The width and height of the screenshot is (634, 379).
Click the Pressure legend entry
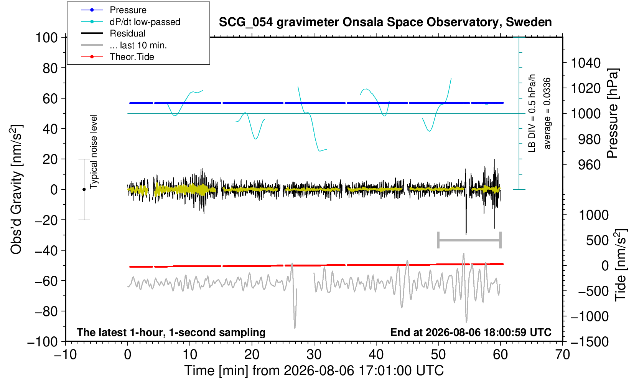coord(114,10)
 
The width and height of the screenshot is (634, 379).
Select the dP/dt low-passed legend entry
coord(130,22)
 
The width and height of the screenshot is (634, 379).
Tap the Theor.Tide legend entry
coord(117,57)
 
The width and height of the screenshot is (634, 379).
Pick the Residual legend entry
coord(113,33)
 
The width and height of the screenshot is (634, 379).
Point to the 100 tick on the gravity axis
coord(46,38)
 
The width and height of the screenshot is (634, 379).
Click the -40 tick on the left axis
coord(46,251)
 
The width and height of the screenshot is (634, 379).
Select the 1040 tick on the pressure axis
coord(586,63)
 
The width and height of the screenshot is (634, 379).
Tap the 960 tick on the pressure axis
coord(589,165)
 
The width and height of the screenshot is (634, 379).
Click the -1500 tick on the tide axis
coord(590,342)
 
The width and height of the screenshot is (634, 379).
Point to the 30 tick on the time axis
coord(314,355)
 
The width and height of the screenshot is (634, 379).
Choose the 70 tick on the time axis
coord(562,355)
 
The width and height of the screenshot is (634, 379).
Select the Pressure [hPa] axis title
coord(613,113)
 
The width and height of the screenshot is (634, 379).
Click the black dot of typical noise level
coord(84,189)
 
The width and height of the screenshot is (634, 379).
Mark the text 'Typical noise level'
coord(94,152)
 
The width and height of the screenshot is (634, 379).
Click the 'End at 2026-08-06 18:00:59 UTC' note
coord(471,332)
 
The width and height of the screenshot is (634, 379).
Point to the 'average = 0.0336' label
coord(547,113)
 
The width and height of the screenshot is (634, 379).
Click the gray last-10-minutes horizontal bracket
coord(469,240)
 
